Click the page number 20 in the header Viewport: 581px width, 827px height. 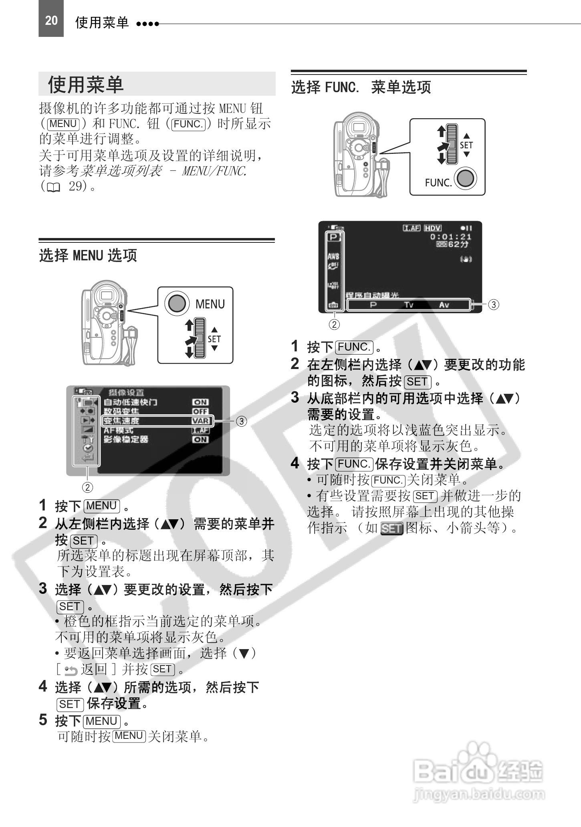pos(51,20)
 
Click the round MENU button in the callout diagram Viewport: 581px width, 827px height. pos(177,303)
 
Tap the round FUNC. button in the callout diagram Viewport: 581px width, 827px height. pos(465,178)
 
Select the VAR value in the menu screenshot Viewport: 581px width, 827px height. pos(200,421)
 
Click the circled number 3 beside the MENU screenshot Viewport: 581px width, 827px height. pos(241,421)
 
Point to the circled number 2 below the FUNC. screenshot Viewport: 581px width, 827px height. pos(334,324)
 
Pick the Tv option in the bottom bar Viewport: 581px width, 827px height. pos(408,305)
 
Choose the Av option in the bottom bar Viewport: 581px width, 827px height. pos(444,305)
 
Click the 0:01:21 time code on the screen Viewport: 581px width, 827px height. pos(451,237)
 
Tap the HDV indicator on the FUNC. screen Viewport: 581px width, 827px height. pos(433,228)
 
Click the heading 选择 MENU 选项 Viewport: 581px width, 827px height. pos(88,255)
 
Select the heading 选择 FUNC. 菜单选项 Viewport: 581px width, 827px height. pos(361,87)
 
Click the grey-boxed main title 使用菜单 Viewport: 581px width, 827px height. pos(86,85)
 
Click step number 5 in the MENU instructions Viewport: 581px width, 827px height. pos(43,720)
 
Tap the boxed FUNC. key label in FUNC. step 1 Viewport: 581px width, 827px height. pos(354,347)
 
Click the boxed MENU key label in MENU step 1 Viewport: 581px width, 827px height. pos(102,506)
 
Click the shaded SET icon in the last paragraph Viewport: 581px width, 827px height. pos(391,529)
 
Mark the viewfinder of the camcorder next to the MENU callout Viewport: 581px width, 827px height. pos(106,296)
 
